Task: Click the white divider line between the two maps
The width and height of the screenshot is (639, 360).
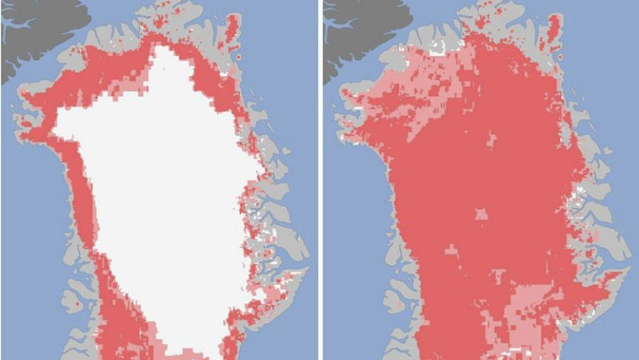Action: (319, 180)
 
